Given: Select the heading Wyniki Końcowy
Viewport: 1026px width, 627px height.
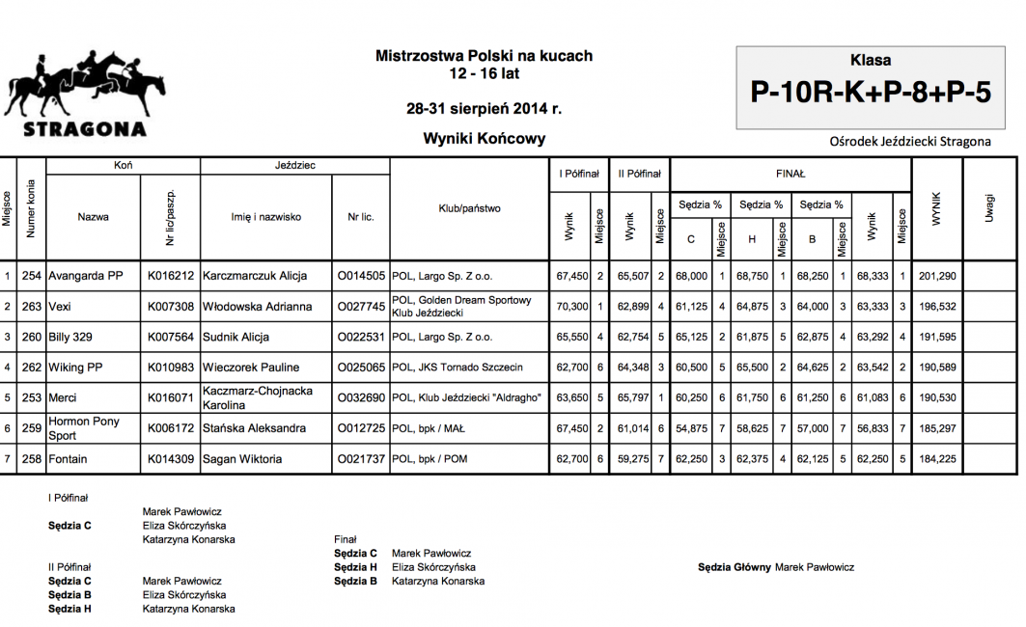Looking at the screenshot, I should pos(484,138).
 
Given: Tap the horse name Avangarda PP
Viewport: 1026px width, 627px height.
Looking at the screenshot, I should pos(86,276).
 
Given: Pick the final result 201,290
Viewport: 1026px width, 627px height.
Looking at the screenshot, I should pos(937,276).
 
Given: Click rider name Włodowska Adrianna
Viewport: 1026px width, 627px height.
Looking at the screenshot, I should pos(257,307).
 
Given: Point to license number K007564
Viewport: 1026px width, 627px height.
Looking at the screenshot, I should pos(171,337).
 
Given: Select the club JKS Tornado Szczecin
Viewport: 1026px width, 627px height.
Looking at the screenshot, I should pos(457,368).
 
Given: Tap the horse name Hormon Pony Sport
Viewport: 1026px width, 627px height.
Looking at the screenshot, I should pos(83,428).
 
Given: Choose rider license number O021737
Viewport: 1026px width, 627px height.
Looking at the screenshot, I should pos(361,459).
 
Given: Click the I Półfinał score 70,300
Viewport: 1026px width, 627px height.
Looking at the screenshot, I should pos(572,307).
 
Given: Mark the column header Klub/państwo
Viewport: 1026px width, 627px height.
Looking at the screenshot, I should pos(469,208).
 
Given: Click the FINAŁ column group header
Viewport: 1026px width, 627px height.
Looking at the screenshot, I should pos(790,174).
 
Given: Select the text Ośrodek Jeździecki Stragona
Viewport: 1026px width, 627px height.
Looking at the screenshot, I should pos(909,142).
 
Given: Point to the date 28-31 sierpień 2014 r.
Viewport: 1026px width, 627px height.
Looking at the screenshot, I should pos(484,108).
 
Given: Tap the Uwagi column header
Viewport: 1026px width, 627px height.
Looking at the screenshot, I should pos(989,207).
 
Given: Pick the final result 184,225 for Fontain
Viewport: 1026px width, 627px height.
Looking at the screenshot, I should pos(937,459).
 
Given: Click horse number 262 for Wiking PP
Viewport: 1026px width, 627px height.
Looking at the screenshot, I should pos(32,368).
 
